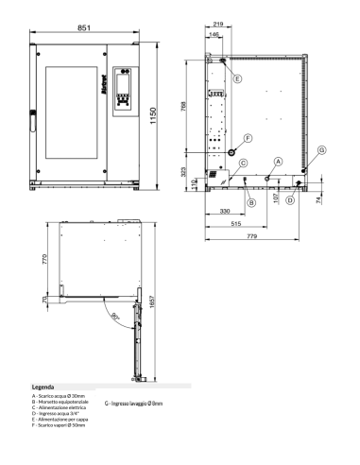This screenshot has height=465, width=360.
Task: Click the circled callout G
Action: point(322,150)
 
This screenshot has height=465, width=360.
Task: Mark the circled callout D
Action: point(290,200)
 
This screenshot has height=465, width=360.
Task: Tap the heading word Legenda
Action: point(43,387)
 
